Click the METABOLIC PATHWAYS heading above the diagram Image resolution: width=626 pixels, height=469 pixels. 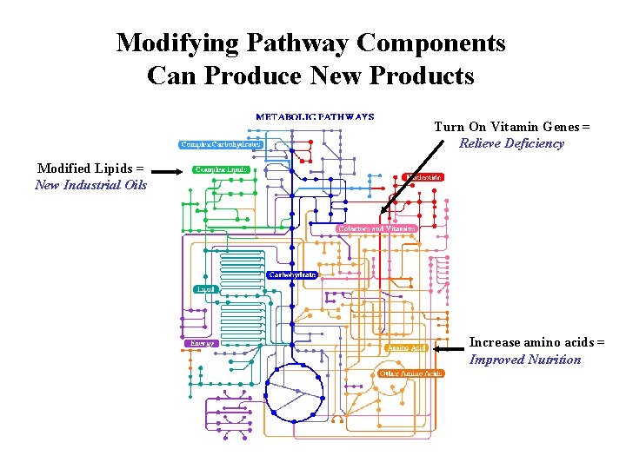(315, 116)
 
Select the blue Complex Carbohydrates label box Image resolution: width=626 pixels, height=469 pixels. (221, 145)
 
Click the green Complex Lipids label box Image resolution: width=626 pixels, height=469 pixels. (221, 169)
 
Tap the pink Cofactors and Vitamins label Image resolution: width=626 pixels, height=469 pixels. (376, 228)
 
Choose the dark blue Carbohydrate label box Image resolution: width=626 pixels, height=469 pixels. (292, 274)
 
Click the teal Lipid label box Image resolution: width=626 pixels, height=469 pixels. (206, 288)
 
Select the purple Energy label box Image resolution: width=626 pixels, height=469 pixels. (202, 343)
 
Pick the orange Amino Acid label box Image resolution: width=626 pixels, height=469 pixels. (407, 347)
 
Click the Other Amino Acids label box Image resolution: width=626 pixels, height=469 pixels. (410, 373)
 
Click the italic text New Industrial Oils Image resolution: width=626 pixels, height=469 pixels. (91, 185)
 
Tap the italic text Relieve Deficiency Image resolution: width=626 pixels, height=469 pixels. (511, 143)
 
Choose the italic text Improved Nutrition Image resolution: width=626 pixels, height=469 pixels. (525, 360)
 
